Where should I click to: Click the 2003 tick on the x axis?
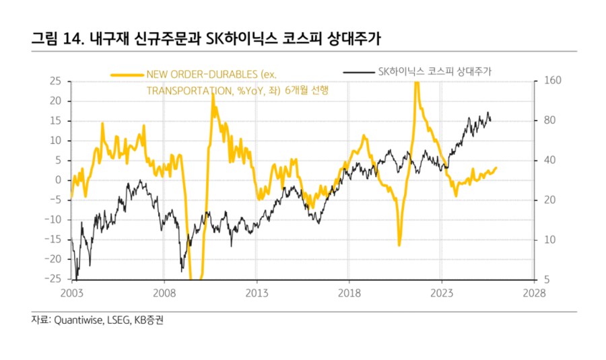[x=71, y=293]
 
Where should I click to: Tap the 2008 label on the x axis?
[x=164, y=293]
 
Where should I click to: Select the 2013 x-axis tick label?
[x=257, y=293]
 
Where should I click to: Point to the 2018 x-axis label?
[x=349, y=293]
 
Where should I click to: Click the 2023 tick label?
[x=441, y=293]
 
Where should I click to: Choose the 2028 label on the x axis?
[x=534, y=293]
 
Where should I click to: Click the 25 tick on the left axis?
[x=56, y=81]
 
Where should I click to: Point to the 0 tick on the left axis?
[x=59, y=180]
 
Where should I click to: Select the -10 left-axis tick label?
[x=54, y=220]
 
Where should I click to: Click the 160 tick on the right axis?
[x=550, y=81]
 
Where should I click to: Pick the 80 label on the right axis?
[x=548, y=120]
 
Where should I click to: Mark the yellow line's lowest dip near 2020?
[x=399, y=245]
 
